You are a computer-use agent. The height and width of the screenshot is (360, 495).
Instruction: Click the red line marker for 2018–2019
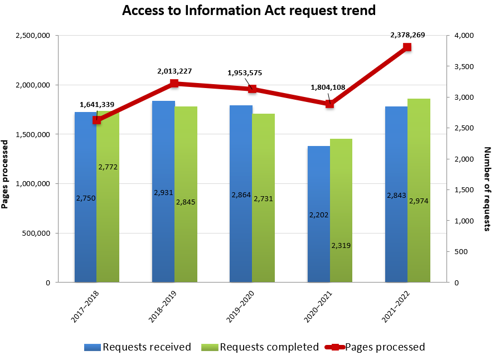pyautogui.click(x=174, y=84)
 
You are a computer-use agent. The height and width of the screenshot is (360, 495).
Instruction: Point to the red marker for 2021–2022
pyautogui.click(x=407, y=47)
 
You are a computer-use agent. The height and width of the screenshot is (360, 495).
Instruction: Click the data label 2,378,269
pyautogui.click(x=407, y=35)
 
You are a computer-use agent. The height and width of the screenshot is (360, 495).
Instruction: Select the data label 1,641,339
pyautogui.click(x=97, y=104)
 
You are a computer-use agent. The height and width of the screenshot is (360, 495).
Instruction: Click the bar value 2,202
pyautogui.click(x=319, y=215)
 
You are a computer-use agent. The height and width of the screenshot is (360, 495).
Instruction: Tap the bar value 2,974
pyautogui.click(x=419, y=201)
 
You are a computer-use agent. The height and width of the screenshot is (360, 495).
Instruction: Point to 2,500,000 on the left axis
pyautogui.click(x=32, y=36)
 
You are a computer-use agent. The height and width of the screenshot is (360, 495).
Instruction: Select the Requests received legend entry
pyautogui.click(x=138, y=347)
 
